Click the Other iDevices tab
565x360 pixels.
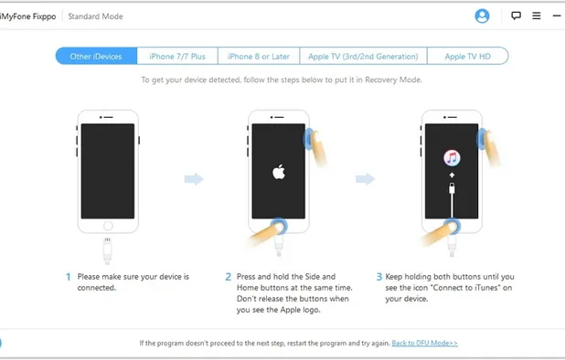(96, 57)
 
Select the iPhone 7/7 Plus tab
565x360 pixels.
(177, 57)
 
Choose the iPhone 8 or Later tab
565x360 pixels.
(259, 57)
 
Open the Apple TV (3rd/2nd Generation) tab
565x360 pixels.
(363, 57)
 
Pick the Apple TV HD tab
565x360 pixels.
(467, 57)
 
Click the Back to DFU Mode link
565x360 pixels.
(424, 343)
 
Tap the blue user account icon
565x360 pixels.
(482, 16)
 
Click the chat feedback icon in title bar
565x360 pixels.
(516, 16)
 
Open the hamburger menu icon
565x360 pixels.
(537, 16)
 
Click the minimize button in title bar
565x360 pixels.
(557, 16)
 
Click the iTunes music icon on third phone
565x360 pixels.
(451, 158)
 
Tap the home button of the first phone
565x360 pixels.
(108, 224)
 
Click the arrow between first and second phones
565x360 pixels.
(193, 179)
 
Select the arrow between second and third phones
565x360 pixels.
(365, 179)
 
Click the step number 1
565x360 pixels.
(68, 276)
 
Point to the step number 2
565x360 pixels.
(228, 276)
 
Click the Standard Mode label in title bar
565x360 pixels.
(95, 16)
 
